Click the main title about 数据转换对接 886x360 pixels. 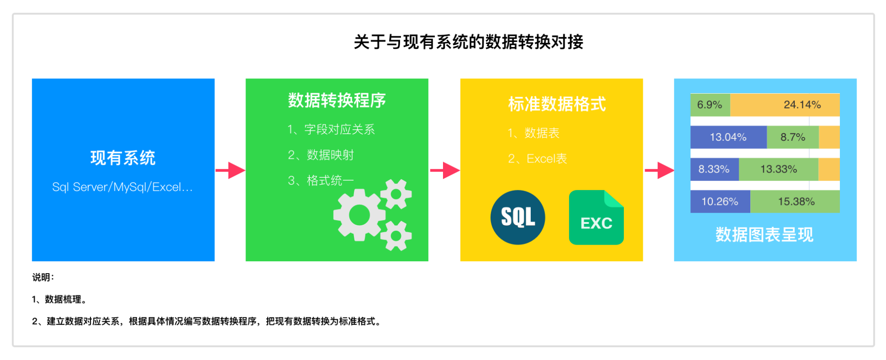pyautogui.click(x=468, y=42)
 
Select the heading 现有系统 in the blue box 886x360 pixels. pyautogui.click(x=123, y=158)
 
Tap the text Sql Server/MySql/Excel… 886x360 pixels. pyautogui.click(x=122, y=187)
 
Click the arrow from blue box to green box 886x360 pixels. pyautogui.click(x=230, y=170)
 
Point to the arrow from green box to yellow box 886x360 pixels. pyautogui.click(x=444, y=170)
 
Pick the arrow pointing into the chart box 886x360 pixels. pyautogui.click(x=659, y=170)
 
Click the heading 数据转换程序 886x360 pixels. pyautogui.click(x=337, y=100)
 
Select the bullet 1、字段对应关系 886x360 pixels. pyautogui.click(x=331, y=129)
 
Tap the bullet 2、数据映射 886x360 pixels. pyautogui.click(x=321, y=155)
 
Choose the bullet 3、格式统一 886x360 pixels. pyautogui.click(x=321, y=180)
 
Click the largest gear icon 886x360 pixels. pyautogui.click(x=359, y=215)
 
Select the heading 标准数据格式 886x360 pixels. pyautogui.click(x=557, y=104)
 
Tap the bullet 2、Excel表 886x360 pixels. pyautogui.click(x=537, y=159)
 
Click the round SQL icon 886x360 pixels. pyautogui.click(x=518, y=217)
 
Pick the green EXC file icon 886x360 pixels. pyautogui.click(x=596, y=217)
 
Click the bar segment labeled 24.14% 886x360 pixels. pyautogui.click(x=784, y=105)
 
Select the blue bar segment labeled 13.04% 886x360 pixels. pyautogui.click(x=728, y=137)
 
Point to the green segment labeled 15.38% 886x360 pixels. pyautogui.click(x=795, y=202)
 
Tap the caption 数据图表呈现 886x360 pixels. pyautogui.click(x=764, y=234)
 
